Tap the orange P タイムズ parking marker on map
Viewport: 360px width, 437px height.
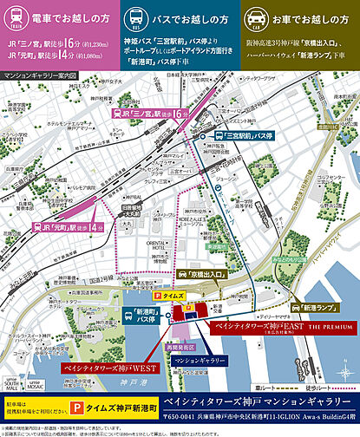pos(189,296)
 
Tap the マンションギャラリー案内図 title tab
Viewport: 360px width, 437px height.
pos(40,75)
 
